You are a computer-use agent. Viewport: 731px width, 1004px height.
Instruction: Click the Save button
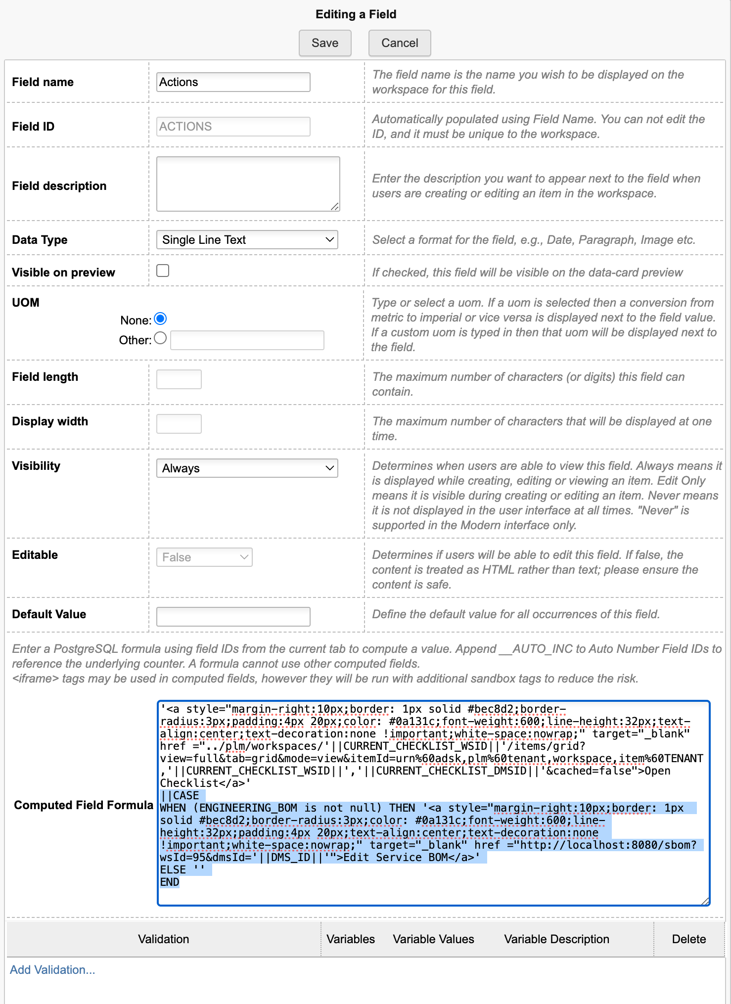point(325,43)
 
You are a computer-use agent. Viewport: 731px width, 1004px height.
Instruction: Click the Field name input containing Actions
point(233,82)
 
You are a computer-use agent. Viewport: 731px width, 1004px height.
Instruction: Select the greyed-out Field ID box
point(233,127)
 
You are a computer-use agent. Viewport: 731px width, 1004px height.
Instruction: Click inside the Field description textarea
point(248,183)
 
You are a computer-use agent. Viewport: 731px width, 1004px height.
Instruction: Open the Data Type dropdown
point(247,240)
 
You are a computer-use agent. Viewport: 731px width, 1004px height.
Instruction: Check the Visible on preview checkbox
point(163,271)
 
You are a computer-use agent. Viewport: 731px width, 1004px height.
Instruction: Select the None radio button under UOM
point(160,319)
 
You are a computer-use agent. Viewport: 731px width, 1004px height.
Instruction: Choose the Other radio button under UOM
point(160,338)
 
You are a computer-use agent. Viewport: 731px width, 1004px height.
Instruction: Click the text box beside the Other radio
point(247,340)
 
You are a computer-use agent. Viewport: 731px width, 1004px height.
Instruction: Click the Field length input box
point(179,379)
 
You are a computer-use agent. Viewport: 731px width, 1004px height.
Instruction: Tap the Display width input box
point(179,424)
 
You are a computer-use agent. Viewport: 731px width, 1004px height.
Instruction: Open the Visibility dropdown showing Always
point(247,468)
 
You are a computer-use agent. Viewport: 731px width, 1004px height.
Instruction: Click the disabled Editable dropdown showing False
point(204,557)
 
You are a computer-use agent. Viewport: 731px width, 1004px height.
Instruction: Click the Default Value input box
point(233,617)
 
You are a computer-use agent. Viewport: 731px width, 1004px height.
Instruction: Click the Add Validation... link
point(52,970)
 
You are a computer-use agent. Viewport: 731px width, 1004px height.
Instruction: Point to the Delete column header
point(688,939)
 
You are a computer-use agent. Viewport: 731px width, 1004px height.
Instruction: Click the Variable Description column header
point(556,939)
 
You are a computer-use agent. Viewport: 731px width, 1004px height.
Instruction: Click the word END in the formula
point(170,882)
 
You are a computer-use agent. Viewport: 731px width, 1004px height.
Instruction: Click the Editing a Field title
point(356,14)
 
